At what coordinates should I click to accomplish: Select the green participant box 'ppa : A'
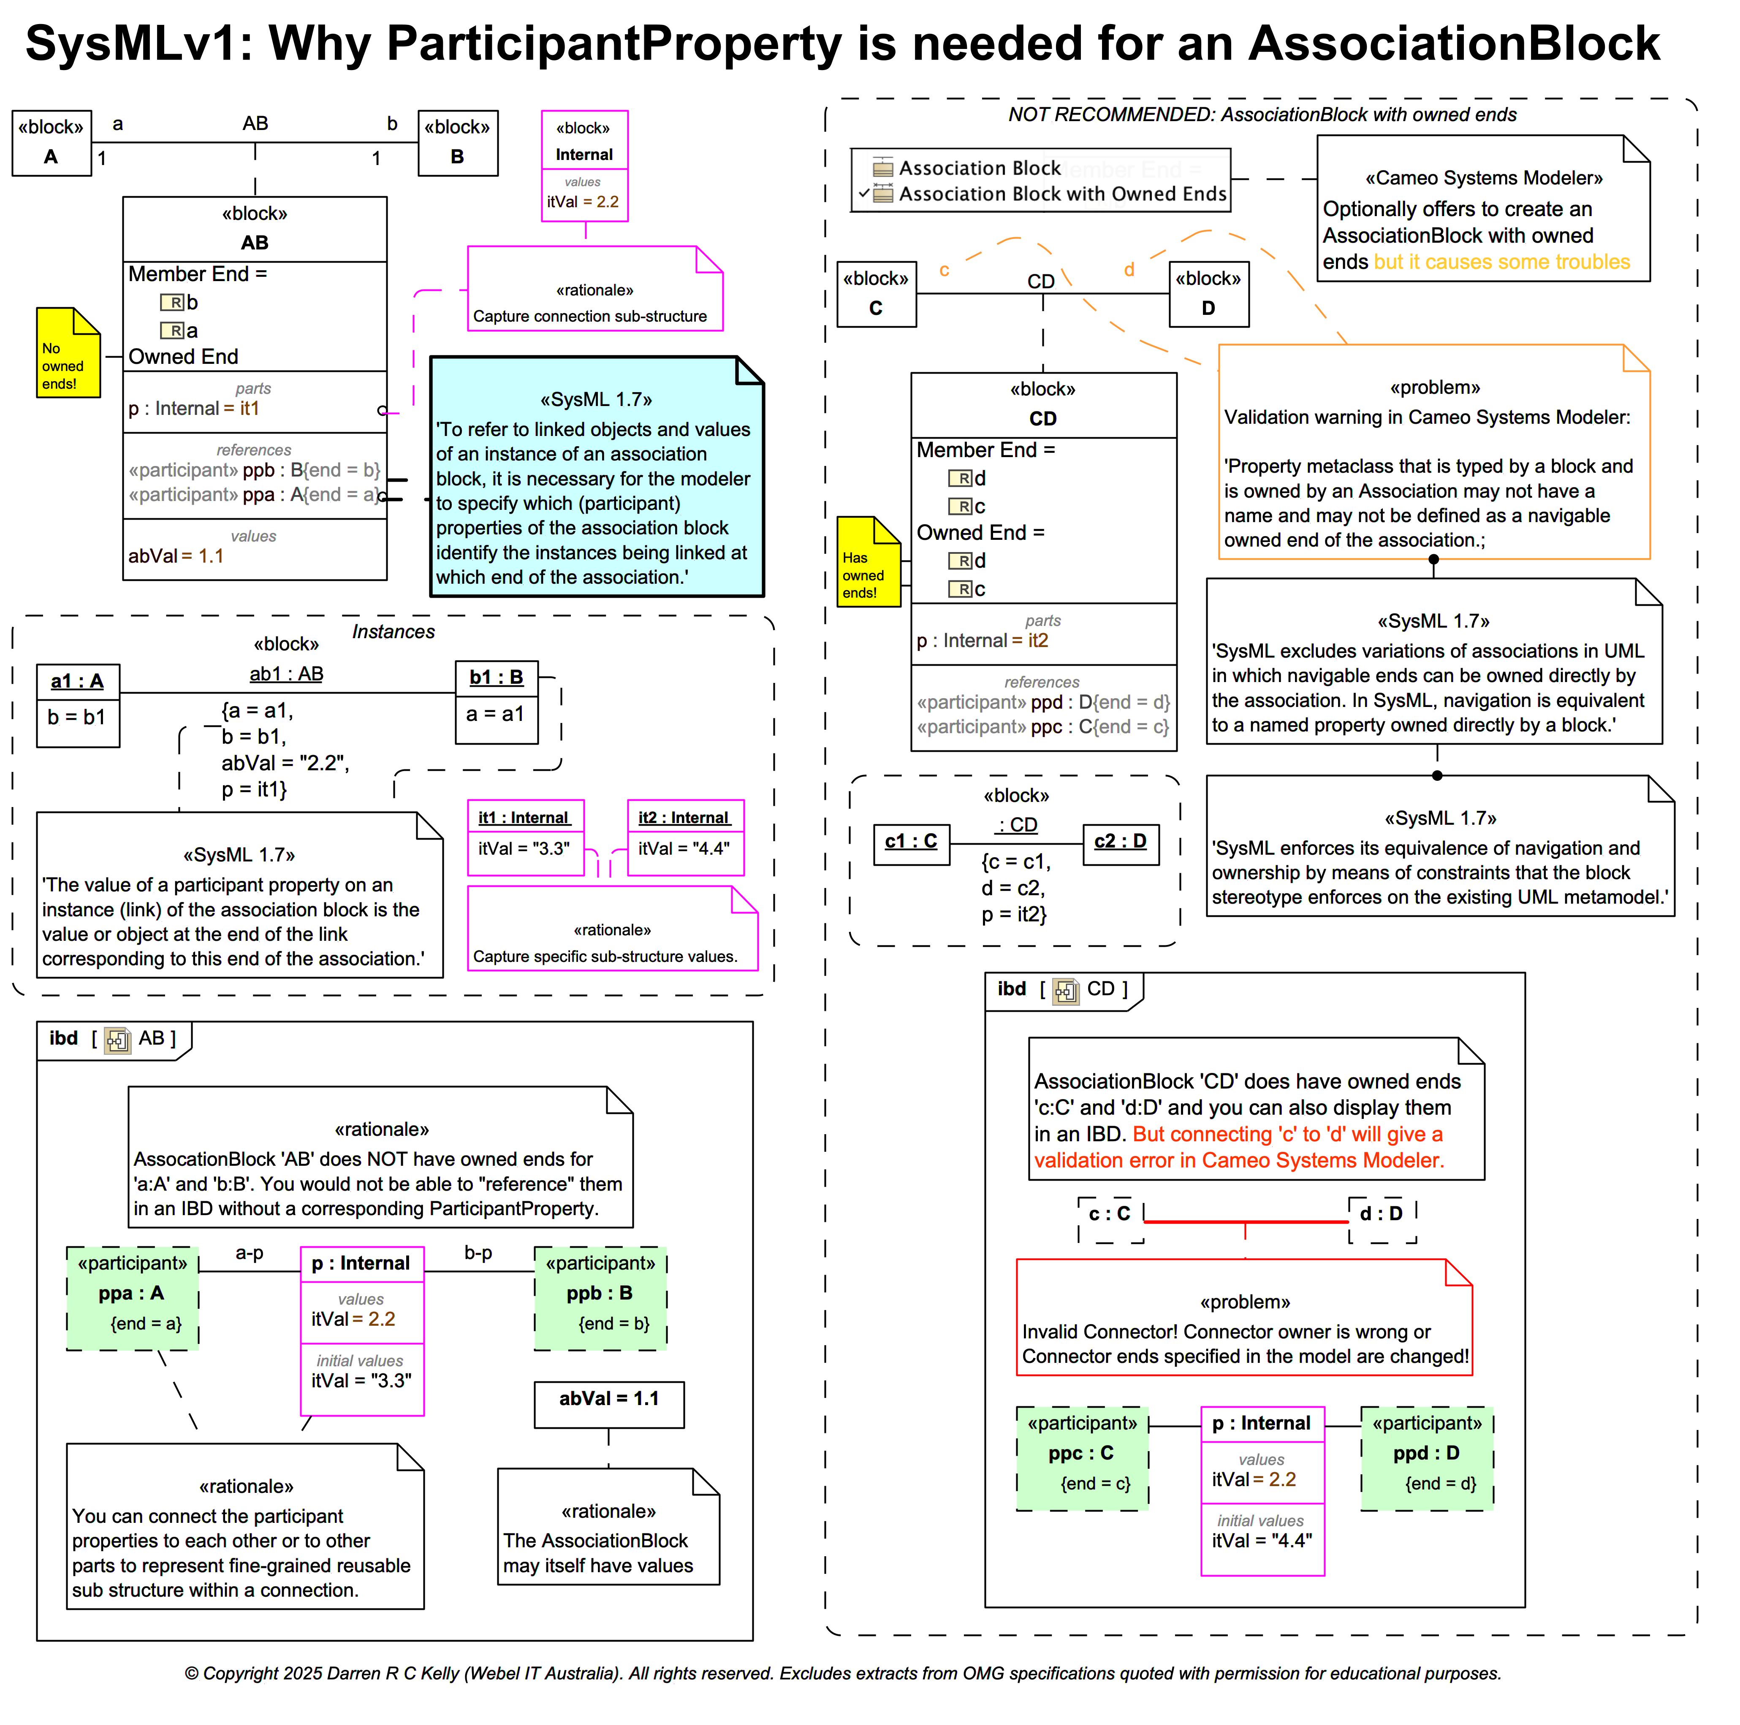[x=133, y=1297]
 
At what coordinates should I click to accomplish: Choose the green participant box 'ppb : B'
[x=600, y=1297]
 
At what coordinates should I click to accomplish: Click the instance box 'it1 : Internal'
[x=525, y=837]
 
